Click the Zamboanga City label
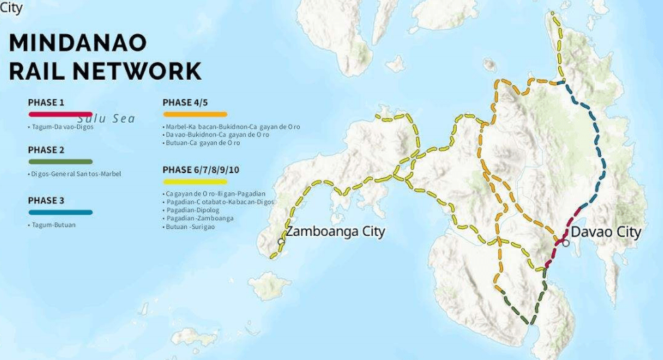(x=335, y=232)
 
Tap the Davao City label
(x=606, y=232)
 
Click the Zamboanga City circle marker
(x=281, y=241)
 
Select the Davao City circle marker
(x=566, y=243)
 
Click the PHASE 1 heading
(x=46, y=103)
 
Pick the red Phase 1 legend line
(x=60, y=114)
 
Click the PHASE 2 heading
(x=46, y=150)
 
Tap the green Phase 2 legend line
(x=60, y=162)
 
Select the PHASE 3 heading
(x=46, y=200)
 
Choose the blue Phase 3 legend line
(x=60, y=212)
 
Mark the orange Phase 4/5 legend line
(x=194, y=114)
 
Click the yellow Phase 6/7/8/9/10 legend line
(x=194, y=181)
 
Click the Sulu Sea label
(x=106, y=119)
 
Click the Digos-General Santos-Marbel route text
(x=74, y=174)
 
